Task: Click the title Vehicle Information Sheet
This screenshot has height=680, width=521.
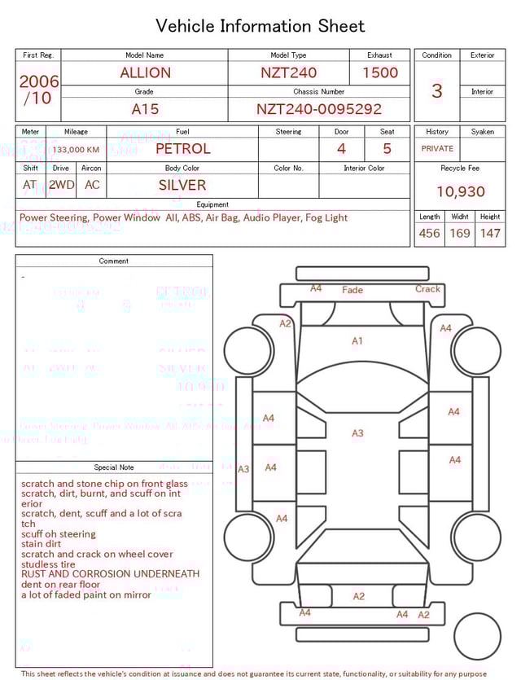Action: point(260,25)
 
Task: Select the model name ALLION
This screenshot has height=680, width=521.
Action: point(145,72)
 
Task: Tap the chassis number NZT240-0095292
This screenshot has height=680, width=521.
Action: point(318,109)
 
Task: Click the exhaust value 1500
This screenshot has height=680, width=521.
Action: point(379,72)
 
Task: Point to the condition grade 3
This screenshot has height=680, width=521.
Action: point(436,90)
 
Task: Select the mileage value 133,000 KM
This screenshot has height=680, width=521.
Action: point(77,150)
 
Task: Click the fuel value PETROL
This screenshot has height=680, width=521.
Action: point(182,149)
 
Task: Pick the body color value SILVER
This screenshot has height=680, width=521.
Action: point(182,185)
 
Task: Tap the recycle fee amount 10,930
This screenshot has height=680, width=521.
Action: point(460,191)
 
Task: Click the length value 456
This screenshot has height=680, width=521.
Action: point(429,233)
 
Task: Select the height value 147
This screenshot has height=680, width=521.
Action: point(489,233)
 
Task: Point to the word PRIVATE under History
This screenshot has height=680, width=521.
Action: point(437,149)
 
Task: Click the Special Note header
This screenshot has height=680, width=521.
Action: point(114,467)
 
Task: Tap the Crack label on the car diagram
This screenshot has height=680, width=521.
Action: point(427,289)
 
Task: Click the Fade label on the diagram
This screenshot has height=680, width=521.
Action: point(352,290)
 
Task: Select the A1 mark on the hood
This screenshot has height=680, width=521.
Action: point(357,341)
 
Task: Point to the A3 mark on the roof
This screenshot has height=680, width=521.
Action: point(357,433)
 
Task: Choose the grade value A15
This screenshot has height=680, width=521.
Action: point(145,109)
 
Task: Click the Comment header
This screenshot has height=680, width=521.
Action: point(114,261)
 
